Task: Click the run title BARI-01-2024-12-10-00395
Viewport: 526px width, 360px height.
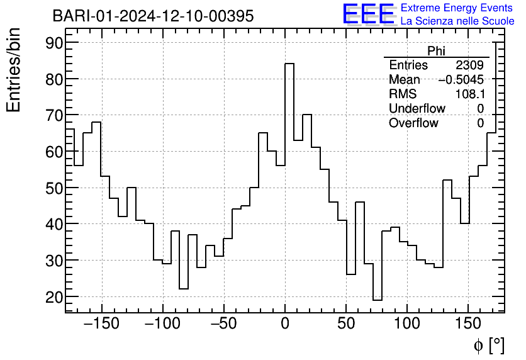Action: pyautogui.click(x=153, y=16)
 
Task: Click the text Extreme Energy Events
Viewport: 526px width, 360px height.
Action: pyautogui.click(x=457, y=8)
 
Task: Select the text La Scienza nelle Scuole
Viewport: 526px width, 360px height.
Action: pyautogui.click(x=457, y=21)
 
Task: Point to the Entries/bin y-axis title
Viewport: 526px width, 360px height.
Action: pyautogui.click(x=14, y=70)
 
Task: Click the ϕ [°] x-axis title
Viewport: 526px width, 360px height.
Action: pyautogui.click(x=488, y=346)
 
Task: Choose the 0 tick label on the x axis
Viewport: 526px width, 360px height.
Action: pyautogui.click(x=285, y=325)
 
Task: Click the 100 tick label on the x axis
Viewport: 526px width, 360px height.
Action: pyautogui.click(x=407, y=325)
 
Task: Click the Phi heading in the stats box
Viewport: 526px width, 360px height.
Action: pyautogui.click(x=436, y=51)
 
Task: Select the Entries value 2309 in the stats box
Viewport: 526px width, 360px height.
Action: pyautogui.click(x=469, y=65)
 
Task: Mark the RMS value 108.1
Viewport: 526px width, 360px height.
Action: pyautogui.click(x=470, y=94)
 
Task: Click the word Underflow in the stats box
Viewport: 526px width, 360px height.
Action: pyautogui.click(x=417, y=109)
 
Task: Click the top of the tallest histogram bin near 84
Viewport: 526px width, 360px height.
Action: pyautogui.click(x=289, y=64)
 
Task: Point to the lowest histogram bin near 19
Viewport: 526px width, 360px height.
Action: pyautogui.click(x=378, y=300)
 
